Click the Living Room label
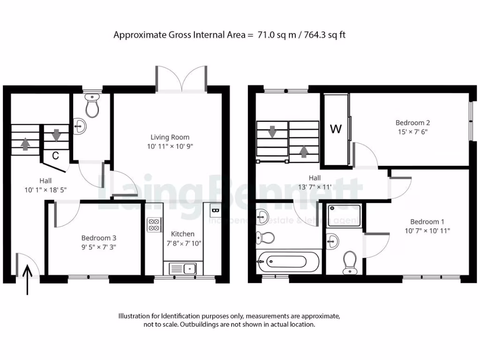point(170,137)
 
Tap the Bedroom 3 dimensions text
point(98,247)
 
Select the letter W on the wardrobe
point(336,129)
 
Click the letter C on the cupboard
point(55,156)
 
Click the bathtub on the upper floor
point(288,261)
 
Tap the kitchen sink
point(190,269)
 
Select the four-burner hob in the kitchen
point(153,225)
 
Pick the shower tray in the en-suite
point(345,215)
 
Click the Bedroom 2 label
point(412,123)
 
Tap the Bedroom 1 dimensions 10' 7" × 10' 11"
point(427,231)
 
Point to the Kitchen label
point(182,233)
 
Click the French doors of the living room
point(182,77)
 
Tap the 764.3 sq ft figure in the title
point(323,35)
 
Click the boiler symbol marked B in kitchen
point(215,210)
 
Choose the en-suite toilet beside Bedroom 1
point(350,262)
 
